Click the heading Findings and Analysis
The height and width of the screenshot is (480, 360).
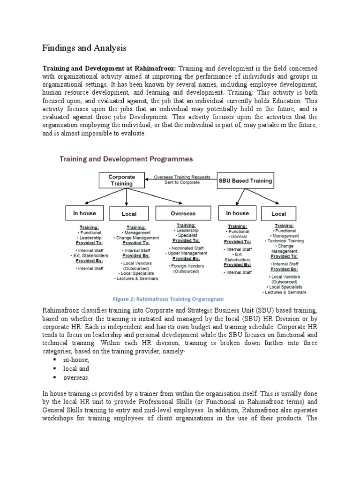[84, 48]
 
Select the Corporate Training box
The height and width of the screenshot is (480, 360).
[122, 180]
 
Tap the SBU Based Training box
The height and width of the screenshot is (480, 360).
[245, 180]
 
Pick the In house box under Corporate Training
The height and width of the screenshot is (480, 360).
[84, 213]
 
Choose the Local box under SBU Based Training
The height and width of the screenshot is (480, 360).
[278, 214]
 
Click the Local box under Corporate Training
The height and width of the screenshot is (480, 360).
[129, 214]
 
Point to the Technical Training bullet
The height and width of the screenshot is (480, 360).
[285, 240]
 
